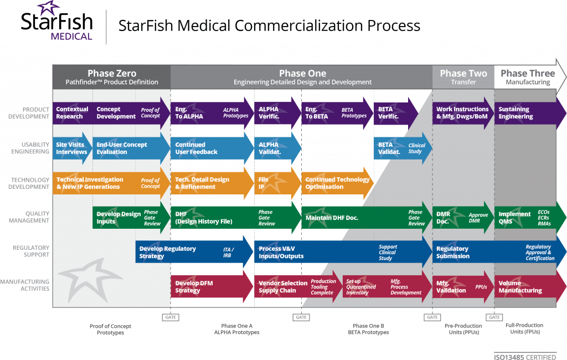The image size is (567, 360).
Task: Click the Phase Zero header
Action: pos(111,77)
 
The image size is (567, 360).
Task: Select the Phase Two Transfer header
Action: pos(463,77)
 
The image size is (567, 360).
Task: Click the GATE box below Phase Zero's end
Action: pos(170,317)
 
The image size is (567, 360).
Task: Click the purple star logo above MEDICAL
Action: pos(48,10)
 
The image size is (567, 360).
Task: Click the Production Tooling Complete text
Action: pos(323,287)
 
